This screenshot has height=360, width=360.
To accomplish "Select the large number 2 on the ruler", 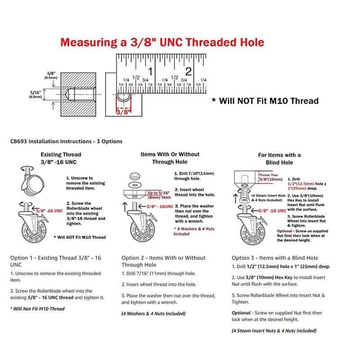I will pyautogui.click(x=189, y=72).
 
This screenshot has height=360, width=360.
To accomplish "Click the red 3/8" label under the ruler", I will pyautogui.click(x=122, y=111).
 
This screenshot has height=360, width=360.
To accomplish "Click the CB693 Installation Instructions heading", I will pyautogui.click(x=66, y=141).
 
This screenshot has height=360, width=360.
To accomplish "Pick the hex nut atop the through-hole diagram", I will pyautogui.click(x=133, y=175).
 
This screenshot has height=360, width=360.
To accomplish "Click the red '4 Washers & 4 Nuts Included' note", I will pyautogui.click(x=194, y=231).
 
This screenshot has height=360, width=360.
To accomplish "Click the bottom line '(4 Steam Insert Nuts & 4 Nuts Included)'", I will pyautogui.click(x=274, y=331).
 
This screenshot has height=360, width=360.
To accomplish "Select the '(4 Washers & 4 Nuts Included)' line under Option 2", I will pyautogui.click(x=153, y=313).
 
